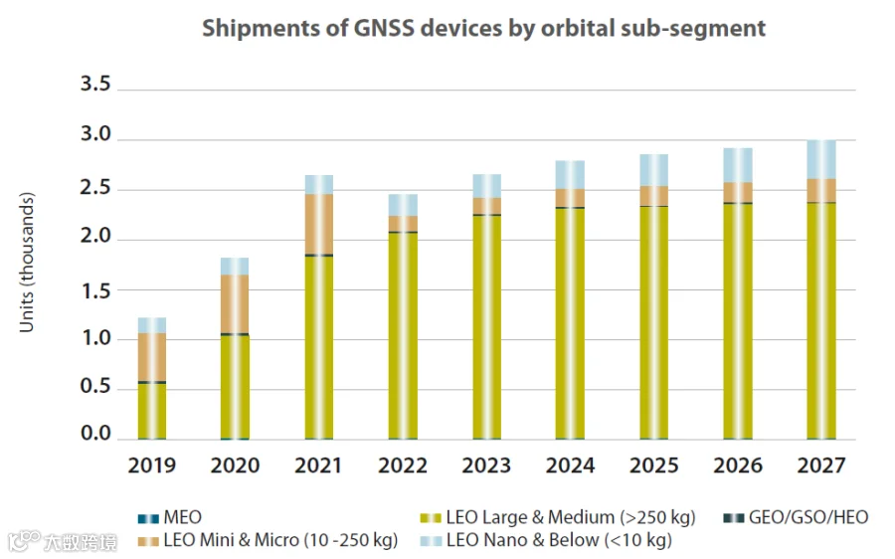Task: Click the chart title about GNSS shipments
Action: [x=483, y=28]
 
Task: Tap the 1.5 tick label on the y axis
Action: [x=95, y=289]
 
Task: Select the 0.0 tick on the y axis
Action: [x=95, y=435]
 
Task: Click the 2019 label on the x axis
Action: [x=151, y=465]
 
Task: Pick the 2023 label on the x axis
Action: [x=486, y=465]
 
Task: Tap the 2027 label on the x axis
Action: [x=821, y=465]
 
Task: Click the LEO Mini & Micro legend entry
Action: [x=268, y=541]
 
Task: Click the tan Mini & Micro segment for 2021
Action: [x=319, y=224]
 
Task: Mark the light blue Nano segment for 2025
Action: [x=654, y=170]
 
